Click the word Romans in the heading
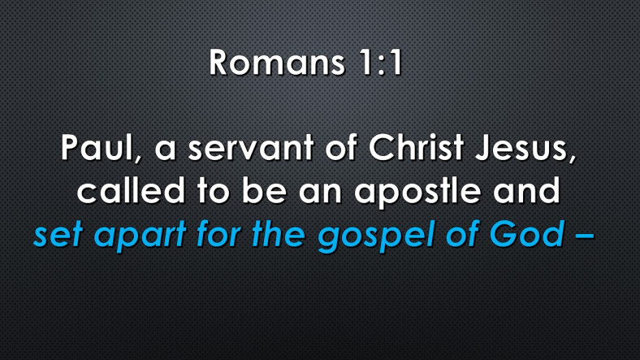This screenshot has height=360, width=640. (x=277, y=63)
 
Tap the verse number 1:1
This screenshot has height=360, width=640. (x=381, y=63)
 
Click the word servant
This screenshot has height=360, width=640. (x=251, y=147)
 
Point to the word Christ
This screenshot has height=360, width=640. (x=417, y=147)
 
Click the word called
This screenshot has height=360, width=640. (x=131, y=191)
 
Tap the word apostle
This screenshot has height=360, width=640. (x=417, y=192)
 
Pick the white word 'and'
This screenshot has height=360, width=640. (x=526, y=191)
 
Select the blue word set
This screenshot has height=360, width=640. (x=58, y=234)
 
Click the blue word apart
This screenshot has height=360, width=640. (x=141, y=236)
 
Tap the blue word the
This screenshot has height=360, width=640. (x=279, y=234)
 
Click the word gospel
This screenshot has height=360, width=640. (x=375, y=236)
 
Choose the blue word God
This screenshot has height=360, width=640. (x=527, y=234)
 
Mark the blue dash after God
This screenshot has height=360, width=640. (x=585, y=236)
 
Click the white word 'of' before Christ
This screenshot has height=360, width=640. (x=341, y=147)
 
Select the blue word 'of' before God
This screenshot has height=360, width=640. (x=461, y=234)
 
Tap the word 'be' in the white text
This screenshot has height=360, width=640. (x=264, y=191)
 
